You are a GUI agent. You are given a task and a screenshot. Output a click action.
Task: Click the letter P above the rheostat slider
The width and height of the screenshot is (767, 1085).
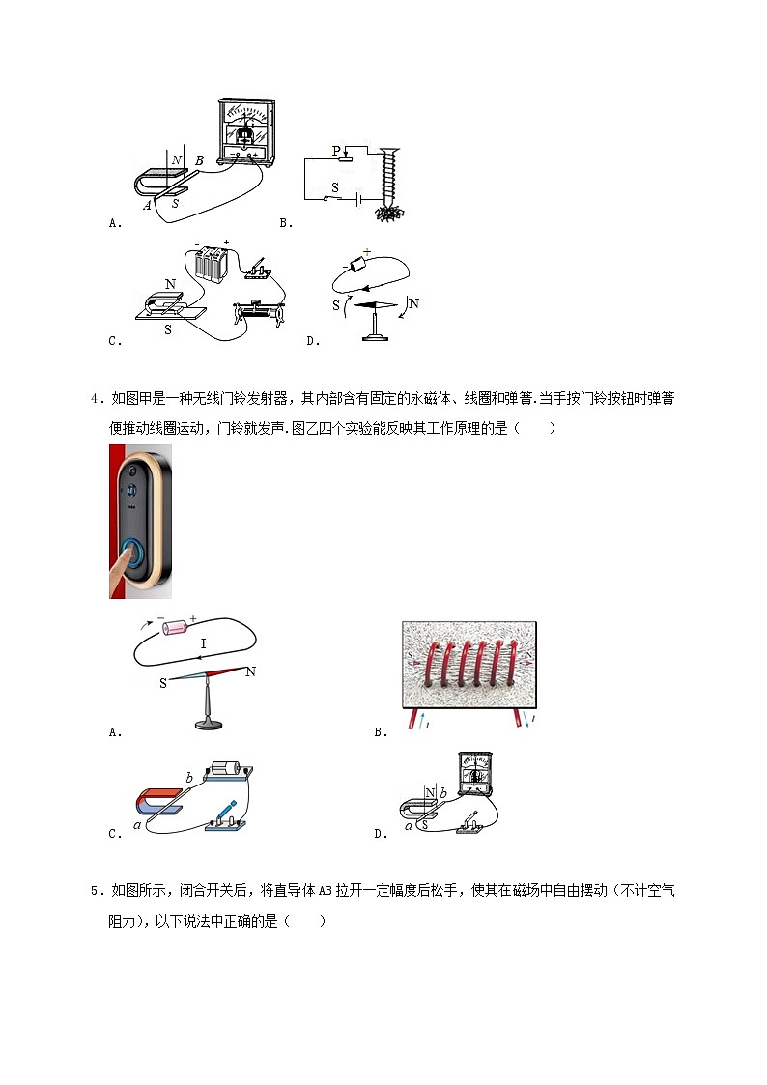(x=337, y=151)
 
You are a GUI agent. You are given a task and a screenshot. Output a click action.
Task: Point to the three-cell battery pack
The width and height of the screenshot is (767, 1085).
(x=211, y=265)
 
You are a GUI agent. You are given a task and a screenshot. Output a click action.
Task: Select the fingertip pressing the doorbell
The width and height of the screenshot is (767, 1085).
(x=122, y=566)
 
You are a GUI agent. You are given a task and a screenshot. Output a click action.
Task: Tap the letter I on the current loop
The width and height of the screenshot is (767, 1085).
(x=203, y=643)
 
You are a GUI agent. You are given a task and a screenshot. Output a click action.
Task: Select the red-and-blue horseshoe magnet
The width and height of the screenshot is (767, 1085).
(x=155, y=801)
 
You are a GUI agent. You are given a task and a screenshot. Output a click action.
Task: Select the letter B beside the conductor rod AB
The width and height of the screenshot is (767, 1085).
(x=199, y=161)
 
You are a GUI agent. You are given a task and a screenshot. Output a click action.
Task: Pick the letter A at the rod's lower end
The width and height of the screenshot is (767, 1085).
(x=147, y=205)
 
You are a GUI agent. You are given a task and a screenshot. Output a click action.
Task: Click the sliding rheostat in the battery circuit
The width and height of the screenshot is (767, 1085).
(x=256, y=313)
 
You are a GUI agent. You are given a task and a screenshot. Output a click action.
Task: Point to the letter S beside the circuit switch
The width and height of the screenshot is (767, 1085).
(x=335, y=187)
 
